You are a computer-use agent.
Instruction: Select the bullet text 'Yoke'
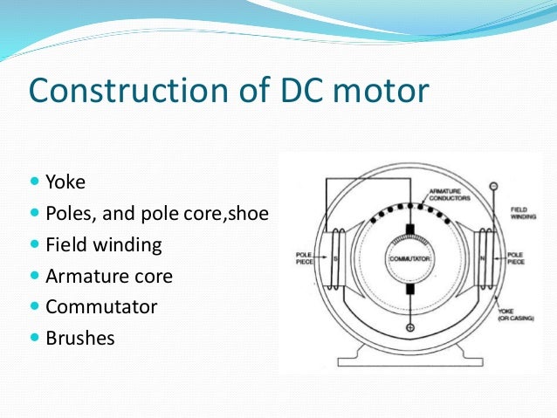65,184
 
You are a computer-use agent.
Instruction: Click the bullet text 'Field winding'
103,245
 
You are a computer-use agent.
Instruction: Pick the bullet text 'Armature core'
108,277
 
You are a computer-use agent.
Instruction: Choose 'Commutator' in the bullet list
101,307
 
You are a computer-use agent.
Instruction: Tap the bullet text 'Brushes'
79,338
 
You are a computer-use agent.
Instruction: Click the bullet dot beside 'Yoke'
35,183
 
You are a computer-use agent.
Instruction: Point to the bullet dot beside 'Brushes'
35,337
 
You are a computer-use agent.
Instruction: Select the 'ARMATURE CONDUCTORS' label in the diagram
450,195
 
